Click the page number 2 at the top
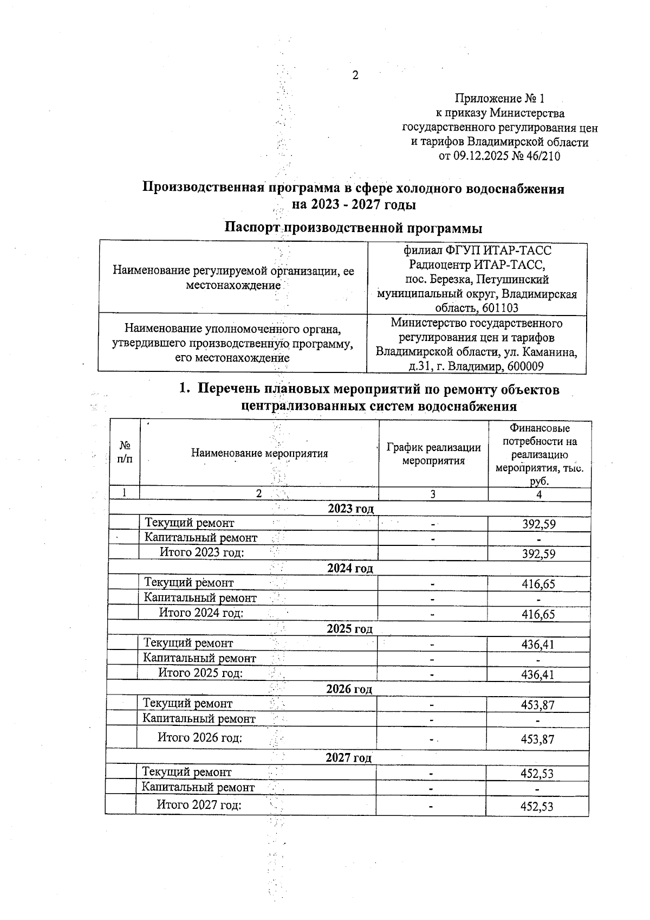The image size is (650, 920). pos(355,75)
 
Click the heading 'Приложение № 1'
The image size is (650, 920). pos(499,99)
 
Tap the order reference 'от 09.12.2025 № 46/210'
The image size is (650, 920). pos(499,157)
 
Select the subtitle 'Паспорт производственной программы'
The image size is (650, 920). pos(353,227)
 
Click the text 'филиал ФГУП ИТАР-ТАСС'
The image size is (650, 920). pos(477,250)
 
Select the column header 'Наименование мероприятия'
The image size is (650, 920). pos(259,453)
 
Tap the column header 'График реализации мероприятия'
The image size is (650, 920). pos(433,454)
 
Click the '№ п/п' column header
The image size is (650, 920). pos(125,452)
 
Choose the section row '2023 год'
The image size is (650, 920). pos(350,509)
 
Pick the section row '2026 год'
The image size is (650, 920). pos(349,689)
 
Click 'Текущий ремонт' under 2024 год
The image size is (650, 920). pos(188,583)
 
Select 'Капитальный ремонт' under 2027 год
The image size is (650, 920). pos(198,787)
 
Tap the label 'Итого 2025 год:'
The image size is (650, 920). pos(200,673)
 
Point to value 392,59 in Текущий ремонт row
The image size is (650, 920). pos(538,524)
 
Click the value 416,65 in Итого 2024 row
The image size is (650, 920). pos(538,614)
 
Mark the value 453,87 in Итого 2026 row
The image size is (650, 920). pos(537,739)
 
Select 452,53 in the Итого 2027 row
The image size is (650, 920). pos(536,807)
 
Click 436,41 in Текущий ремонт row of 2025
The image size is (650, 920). pos(538,645)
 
